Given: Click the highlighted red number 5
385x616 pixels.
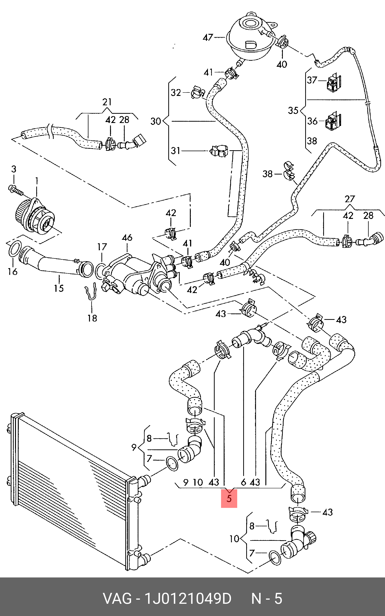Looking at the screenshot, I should pos(229,498).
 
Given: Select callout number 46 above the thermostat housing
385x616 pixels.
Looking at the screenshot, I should pos(127,238).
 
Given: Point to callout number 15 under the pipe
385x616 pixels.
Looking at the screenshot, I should pos(59,288).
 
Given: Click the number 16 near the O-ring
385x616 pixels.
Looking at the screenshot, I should pos(12,272).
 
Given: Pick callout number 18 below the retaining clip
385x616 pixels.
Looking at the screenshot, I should pos(92,318).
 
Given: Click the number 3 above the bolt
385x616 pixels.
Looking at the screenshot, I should pos(14,169).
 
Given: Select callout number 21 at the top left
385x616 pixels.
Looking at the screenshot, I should pos(107,102).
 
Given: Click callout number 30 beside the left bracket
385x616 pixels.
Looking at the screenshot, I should pos(156,121).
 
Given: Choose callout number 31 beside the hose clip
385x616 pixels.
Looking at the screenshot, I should pos(175,151).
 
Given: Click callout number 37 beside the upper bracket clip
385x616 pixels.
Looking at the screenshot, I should pos(312,80).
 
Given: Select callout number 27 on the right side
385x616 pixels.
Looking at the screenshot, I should pos(350,199).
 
